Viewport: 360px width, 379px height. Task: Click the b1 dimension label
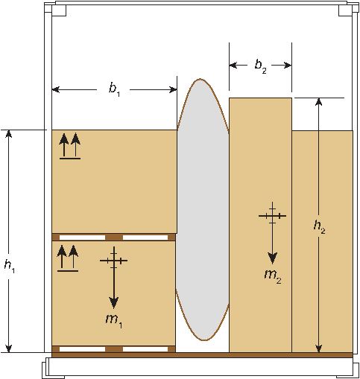(x=114, y=89)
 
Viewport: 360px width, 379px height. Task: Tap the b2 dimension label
(x=260, y=66)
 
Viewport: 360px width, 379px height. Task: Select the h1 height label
(x=10, y=267)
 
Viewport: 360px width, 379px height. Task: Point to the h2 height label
(x=320, y=227)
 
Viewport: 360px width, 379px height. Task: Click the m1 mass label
(x=114, y=321)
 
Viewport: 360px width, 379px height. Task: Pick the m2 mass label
(x=273, y=276)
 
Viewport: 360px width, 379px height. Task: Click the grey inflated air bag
(x=203, y=210)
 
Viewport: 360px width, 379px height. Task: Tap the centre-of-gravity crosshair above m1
(x=114, y=261)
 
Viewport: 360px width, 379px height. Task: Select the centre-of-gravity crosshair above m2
(x=272, y=216)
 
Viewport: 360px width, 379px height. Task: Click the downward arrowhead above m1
(x=114, y=303)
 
